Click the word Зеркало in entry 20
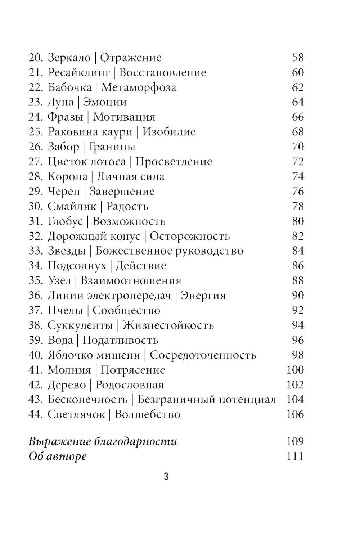point(69,58)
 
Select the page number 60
point(298,72)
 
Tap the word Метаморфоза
point(139,87)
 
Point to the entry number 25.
point(36,132)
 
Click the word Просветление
point(174,162)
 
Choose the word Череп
point(64,192)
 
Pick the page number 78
point(298,206)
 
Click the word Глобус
point(65,221)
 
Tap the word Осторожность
point(190,236)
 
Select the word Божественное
point(132,251)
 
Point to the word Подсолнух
point(77,266)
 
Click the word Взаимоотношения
point(131,281)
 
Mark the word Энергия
point(203,296)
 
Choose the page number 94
point(298,325)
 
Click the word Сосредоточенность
point(203,355)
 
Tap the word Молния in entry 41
point(69,370)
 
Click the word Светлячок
point(76,414)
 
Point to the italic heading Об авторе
point(58,456)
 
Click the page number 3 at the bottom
point(166,477)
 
